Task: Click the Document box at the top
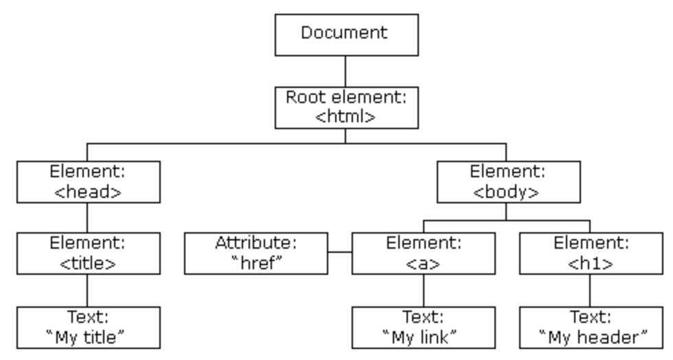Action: (346, 35)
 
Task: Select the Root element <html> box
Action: (346, 107)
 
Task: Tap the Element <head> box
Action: (89, 182)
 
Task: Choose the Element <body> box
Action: (509, 182)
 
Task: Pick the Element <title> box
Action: (89, 254)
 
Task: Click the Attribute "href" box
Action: (256, 254)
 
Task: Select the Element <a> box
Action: (424, 254)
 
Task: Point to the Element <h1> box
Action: (591, 254)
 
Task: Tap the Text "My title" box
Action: (89, 327)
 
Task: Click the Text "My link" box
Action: (424, 327)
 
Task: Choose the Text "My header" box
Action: (591, 327)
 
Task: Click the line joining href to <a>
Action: (340, 252)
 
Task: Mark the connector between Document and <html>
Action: (345, 71)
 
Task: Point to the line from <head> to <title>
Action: (87, 218)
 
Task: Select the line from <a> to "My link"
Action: (424, 291)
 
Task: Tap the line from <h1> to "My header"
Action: (590, 291)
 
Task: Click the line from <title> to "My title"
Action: (87, 291)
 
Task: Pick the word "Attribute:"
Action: (256, 243)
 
